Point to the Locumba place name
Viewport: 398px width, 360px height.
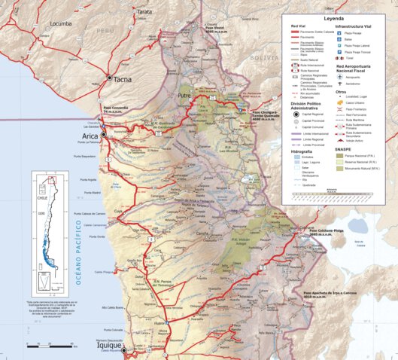(x=62, y=23)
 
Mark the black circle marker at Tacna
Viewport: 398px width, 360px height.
(x=110, y=78)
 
